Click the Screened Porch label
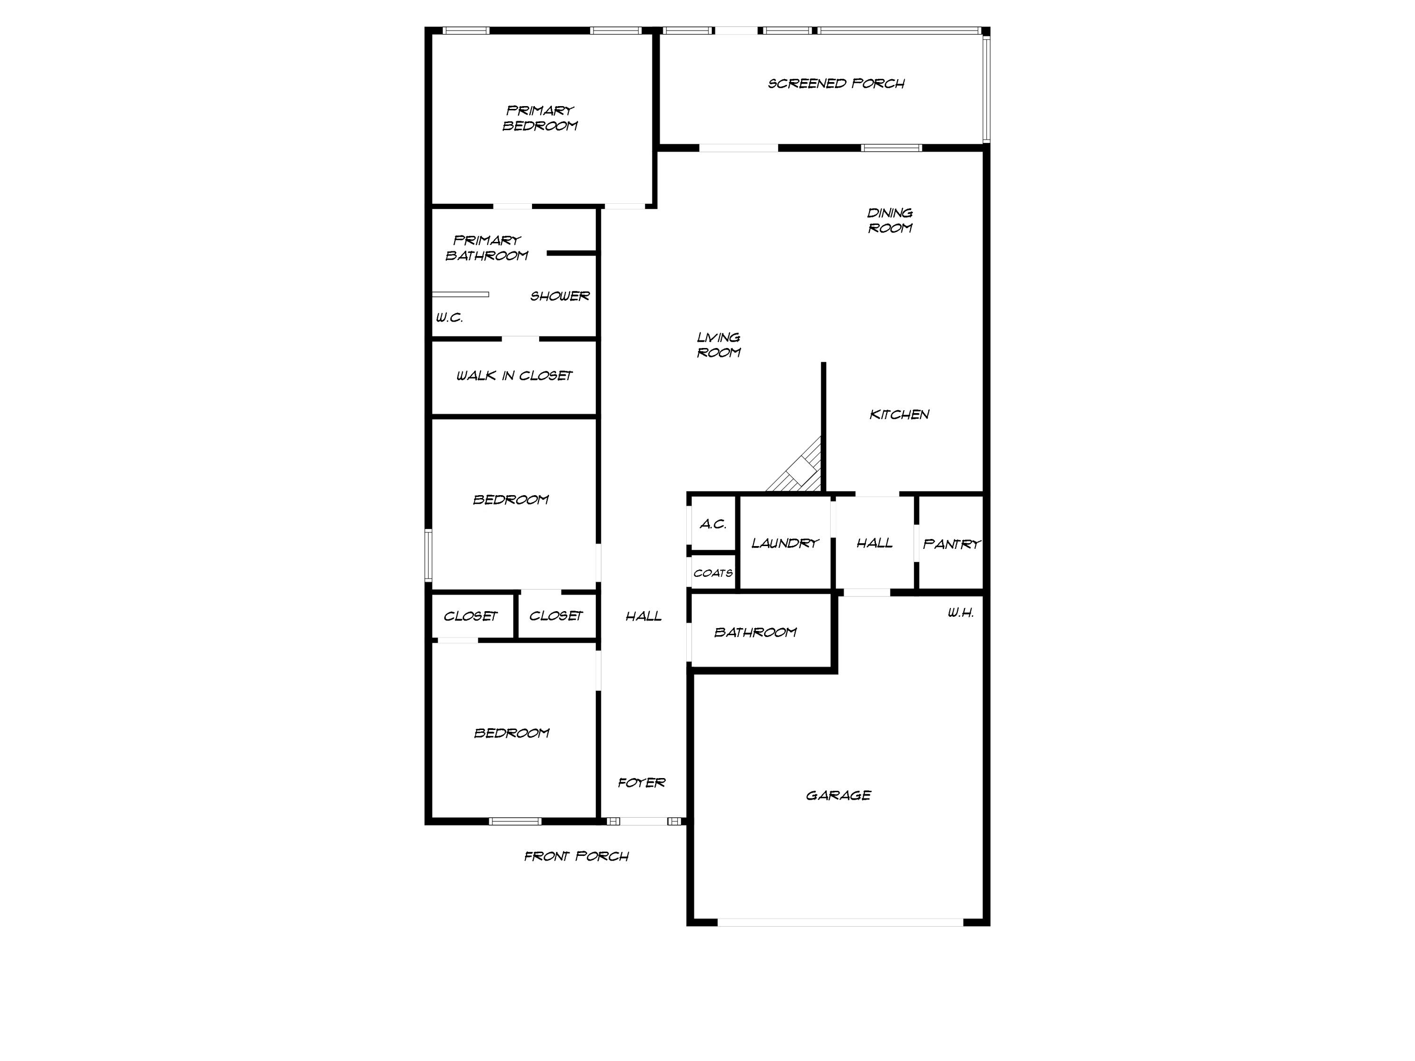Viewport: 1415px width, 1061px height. pyautogui.click(x=836, y=84)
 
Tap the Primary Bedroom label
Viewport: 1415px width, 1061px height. pyautogui.click(x=540, y=118)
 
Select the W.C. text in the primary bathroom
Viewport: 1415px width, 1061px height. pyautogui.click(x=449, y=318)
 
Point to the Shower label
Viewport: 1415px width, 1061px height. pyautogui.click(x=560, y=296)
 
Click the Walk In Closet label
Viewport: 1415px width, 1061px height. pyautogui.click(x=514, y=375)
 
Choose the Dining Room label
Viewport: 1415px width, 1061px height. pyautogui.click(x=890, y=221)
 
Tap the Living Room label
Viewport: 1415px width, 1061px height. pyautogui.click(x=718, y=345)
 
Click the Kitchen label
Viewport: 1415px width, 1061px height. pyautogui.click(x=899, y=414)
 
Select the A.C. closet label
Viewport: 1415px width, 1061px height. pyautogui.click(x=713, y=524)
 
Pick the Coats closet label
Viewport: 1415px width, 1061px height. pyautogui.click(x=713, y=573)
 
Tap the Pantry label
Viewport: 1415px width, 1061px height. pyautogui.click(x=951, y=544)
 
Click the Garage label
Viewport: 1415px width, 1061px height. pyautogui.click(x=838, y=796)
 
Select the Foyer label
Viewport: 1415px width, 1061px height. pyautogui.click(x=641, y=783)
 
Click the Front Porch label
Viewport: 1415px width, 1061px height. pyautogui.click(x=576, y=856)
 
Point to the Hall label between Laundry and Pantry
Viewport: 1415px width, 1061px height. pyautogui.click(x=874, y=543)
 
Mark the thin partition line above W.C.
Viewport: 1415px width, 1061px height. pyautogui.click(x=460, y=294)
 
